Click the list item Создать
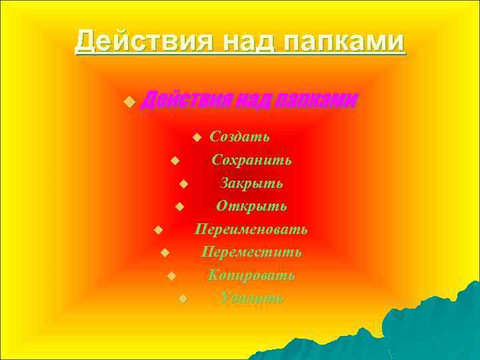[240, 137]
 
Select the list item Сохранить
[251, 160]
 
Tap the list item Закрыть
[251, 183]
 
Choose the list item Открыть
[251, 206]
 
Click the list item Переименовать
[251, 229]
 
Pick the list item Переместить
[251, 252]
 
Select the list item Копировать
[251, 275]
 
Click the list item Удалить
[251, 297]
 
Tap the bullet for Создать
[196, 137]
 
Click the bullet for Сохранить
[174, 161]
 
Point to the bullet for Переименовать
[158, 231]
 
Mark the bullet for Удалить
[183, 299]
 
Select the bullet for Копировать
[171, 276]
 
